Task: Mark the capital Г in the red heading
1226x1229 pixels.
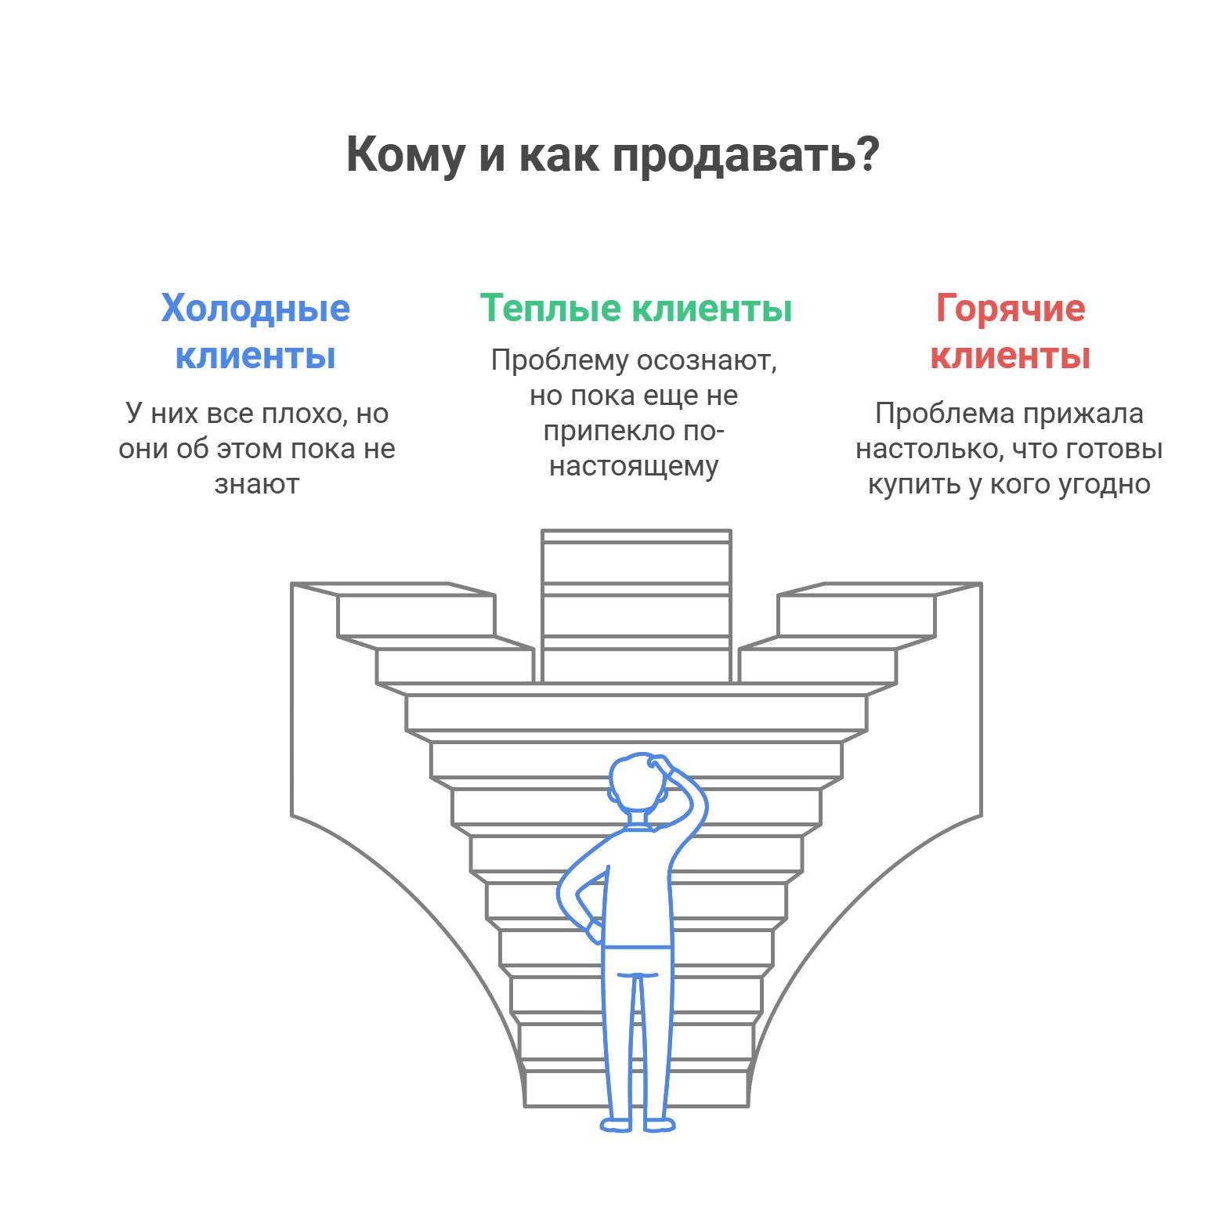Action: (x=947, y=308)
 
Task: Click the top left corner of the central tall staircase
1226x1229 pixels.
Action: (x=542, y=531)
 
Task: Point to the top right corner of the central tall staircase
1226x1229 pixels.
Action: (x=730, y=531)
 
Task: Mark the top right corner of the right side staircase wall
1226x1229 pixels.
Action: (x=981, y=584)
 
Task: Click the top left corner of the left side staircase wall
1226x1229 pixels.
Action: (x=291, y=584)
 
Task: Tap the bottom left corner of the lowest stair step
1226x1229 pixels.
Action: (x=525, y=1106)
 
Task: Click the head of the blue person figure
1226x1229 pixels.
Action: (x=635, y=785)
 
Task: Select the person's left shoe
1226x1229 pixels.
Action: (x=616, y=1125)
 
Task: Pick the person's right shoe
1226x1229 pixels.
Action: (x=660, y=1125)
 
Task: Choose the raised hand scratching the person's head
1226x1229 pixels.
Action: (x=662, y=764)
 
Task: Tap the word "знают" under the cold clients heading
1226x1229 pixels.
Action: (x=257, y=484)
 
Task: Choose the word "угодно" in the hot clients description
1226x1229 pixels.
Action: (x=1105, y=484)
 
